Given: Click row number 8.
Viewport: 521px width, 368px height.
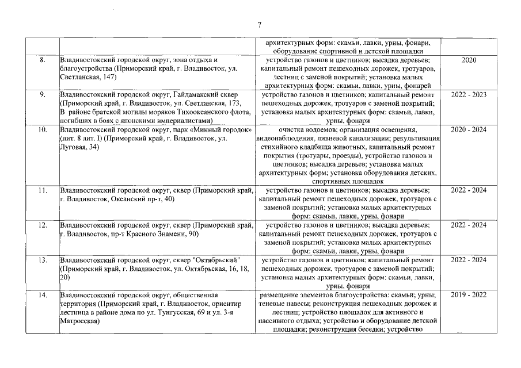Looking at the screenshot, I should tap(42, 60).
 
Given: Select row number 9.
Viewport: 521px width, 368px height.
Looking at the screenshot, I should tap(42, 93).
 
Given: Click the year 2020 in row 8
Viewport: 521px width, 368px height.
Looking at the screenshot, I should tap(469, 60).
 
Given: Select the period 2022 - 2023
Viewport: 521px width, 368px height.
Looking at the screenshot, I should tap(469, 93).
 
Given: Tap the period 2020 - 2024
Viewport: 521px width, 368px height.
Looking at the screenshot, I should tap(469, 130).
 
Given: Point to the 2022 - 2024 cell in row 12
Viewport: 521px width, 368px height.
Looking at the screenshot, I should tap(469, 225).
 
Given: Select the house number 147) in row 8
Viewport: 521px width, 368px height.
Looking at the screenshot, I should tap(108, 76).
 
